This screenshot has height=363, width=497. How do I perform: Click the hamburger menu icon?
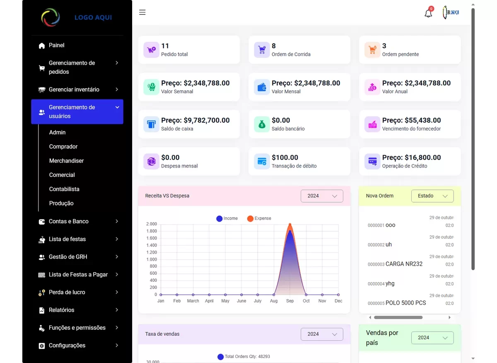pyautogui.click(x=142, y=12)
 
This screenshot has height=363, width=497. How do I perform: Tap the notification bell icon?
pyautogui.click(x=428, y=13)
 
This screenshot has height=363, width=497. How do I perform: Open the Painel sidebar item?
pyautogui.click(x=56, y=45)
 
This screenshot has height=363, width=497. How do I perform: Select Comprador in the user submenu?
pyautogui.click(x=63, y=147)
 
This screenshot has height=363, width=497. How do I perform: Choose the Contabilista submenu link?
pyautogui.click(x=64, y=189)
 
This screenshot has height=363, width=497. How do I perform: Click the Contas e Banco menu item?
pyautogui.click(x=68, y=221)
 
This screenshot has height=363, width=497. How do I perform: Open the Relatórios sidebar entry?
pyautogui.click(x=61, y=310)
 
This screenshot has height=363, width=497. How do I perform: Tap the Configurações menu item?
pyautogui.click(x=67, y=346)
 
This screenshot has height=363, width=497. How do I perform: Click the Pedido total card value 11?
pyautogui.click(x=165, y=46)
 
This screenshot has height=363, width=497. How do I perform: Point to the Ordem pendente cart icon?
pyautogui.click(x=372, y=50)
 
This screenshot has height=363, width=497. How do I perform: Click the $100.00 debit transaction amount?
pyautogui.click(x=285, y=157)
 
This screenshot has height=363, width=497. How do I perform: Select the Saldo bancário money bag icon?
pyautogui.click(x=262, y=124)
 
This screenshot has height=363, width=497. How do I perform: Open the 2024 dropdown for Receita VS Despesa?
pyautogui.click(x=322, y=196)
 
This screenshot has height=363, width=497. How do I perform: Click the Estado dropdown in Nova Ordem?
pyautogui.click(x=432, y=196)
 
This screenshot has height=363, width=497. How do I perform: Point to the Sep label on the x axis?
pyautogui.click(x=290, y=301)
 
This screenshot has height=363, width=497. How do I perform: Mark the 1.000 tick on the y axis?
pyautogui.click(x=151, y=259)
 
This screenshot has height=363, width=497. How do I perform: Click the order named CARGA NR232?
pyautogui.click(x=404, y=264)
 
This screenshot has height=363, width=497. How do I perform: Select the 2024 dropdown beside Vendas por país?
pyautogui.click(x=432, y=338)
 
